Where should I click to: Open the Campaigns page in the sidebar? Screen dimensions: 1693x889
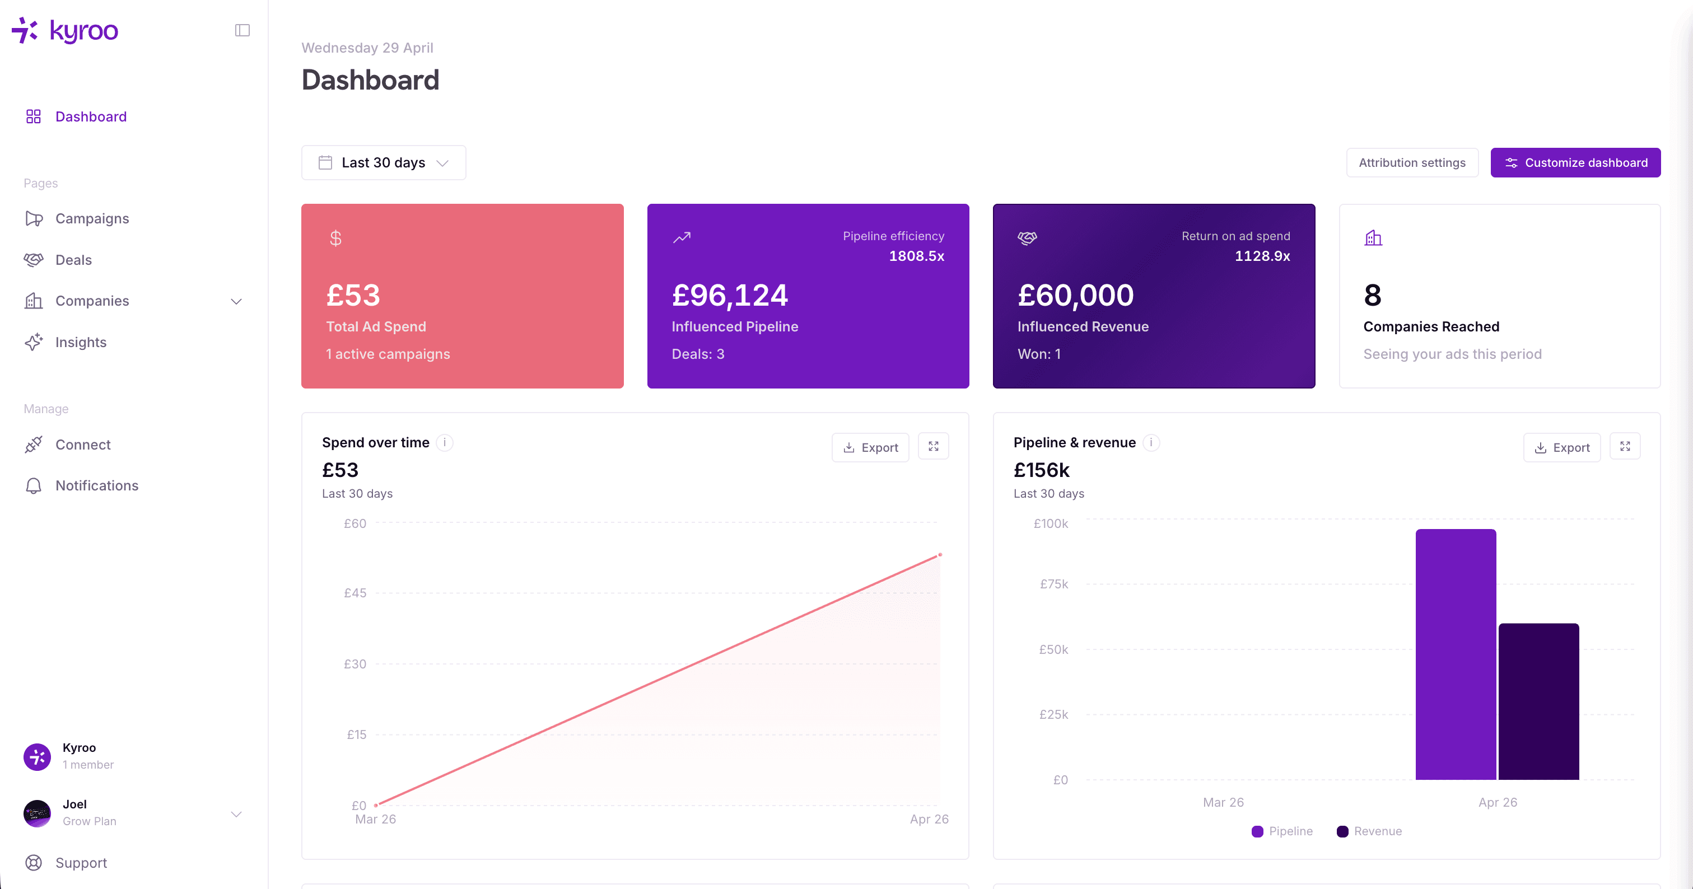pyautogui.click(x=91, y=219)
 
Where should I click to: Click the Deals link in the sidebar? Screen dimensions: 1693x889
pyautogui.click(x=73, y=260)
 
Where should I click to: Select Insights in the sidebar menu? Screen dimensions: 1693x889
pyautogui.click(x=80, y=342)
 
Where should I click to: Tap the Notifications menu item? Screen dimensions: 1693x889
pyautogui.click(x=97, y=485)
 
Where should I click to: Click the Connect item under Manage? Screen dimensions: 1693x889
pyautogui.click(x=83, y=445)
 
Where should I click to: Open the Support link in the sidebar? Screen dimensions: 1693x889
pyautogui.click(x=81, y=863)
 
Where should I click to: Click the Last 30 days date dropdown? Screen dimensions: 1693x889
pyautogui.click(x=384, y=163)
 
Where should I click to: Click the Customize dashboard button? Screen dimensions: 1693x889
pyautogui.click(x=1575, y=163)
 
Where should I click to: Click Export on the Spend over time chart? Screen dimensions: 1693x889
pyautogui.click(x=870, y=447)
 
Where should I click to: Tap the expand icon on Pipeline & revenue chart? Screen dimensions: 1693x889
pyautogui.click(x=1625, y=447)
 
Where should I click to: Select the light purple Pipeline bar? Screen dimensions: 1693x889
pyautogui.click(x=1456, y=654)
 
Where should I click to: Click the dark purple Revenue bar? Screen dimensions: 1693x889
pyautogui.click(x=1538, y=701)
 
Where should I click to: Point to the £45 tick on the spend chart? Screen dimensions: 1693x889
pyautogui.click(x=355, y=593)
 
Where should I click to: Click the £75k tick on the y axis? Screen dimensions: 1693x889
pyautogui.click(x=1053, y=584)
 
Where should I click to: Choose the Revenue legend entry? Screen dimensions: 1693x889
pyautogui.click(x=1370, y=831)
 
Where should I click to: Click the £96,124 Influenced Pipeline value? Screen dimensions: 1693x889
pyautogui.click(x=730, y=296)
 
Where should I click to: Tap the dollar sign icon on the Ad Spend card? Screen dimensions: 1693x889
pyautogui.click(x=335, y=238)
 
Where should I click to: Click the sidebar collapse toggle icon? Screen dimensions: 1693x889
pyautogui.click(x=242, y=30)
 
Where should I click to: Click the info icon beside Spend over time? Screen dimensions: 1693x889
pyautogui.click(x=445, y=443)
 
